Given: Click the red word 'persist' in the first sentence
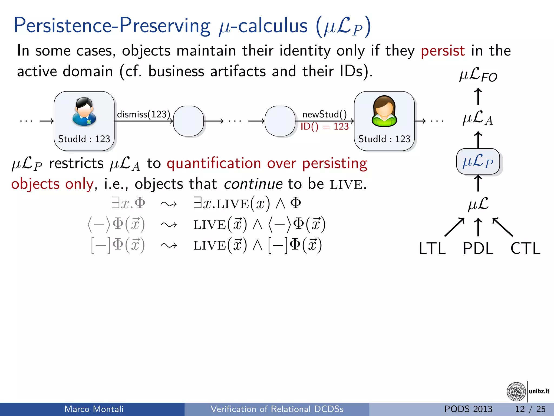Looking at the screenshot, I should tap(443, 51).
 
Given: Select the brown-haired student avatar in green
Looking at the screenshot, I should tap(384, 111).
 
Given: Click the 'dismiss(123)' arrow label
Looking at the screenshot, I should tap(143, 114).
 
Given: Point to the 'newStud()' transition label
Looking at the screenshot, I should tap(324, 114).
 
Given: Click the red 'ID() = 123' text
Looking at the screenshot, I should tap(324, 126).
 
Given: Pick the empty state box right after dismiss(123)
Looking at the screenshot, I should tap(188, 121).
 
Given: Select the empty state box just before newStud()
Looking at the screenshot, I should tap(280, 121).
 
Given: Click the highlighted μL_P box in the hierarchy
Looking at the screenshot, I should tap(478, 162).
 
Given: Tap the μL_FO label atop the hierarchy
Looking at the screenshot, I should tap(478, 75).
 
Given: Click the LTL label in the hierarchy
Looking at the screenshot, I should tap(432, 248).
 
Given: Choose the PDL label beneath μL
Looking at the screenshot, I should tap(478, 248).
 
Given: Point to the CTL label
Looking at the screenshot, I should tap(525, 248).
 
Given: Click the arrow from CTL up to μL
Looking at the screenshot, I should tap(503, 227).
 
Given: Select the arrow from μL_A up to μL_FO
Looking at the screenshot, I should tap(478, 96).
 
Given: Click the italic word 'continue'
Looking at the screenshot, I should tap(253, 184).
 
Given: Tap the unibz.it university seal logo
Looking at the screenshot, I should tap(516, 391).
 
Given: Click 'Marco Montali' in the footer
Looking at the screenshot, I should tap(94, 409).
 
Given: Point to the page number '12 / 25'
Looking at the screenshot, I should tap(530, 409).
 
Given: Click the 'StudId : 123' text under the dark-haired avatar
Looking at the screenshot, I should tap(84, 139).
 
